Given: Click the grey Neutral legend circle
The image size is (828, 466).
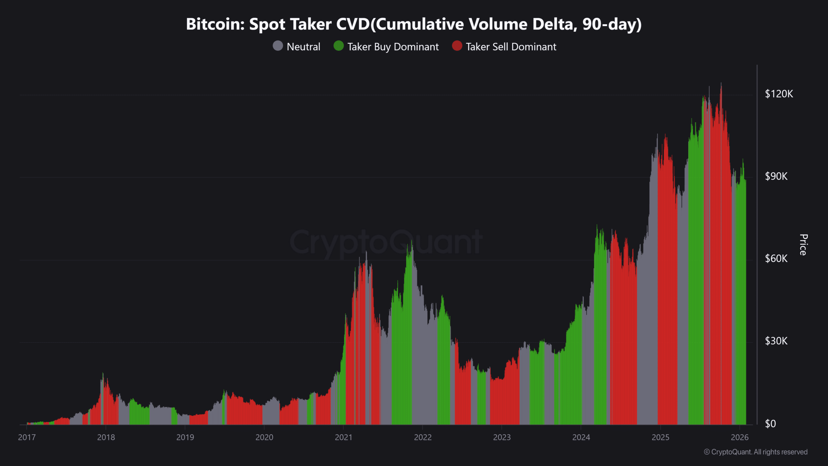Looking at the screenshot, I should coord(278,46).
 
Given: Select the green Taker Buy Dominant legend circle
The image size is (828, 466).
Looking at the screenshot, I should coord(338,46).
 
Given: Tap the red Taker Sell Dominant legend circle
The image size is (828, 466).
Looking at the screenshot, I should coord(457,46).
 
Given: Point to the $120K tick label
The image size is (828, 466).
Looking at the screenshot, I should coord(779,94).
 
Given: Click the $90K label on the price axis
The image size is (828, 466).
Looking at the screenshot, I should coord(776,176).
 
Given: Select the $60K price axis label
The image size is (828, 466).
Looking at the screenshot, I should coord(776,259).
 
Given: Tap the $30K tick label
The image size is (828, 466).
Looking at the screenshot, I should coord(776,341).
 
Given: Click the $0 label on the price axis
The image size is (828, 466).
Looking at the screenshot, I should coord(770,424).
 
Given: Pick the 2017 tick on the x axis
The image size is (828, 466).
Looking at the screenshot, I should coord(27,438).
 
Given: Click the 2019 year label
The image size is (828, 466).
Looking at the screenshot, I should coord(185,438).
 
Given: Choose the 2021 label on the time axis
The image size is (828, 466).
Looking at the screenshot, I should coord(343,438).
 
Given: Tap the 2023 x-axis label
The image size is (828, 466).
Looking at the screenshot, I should coord(502,438).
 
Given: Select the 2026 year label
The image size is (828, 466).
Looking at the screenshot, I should coord(740,438).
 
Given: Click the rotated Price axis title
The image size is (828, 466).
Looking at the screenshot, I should coord(803,245).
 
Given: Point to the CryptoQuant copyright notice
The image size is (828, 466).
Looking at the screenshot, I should coord(756,452).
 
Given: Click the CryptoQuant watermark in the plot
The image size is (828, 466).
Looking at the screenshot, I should coord(386,242).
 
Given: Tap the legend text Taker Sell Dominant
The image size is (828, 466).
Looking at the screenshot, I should coord(511,47).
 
